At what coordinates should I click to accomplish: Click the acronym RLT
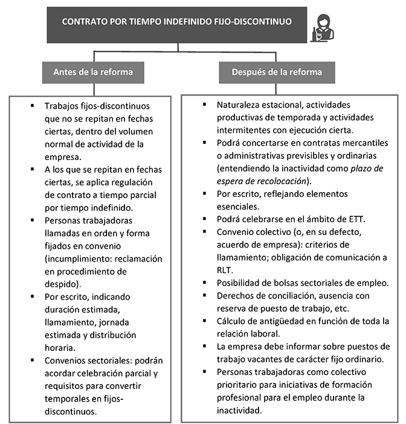pos(224,270)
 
